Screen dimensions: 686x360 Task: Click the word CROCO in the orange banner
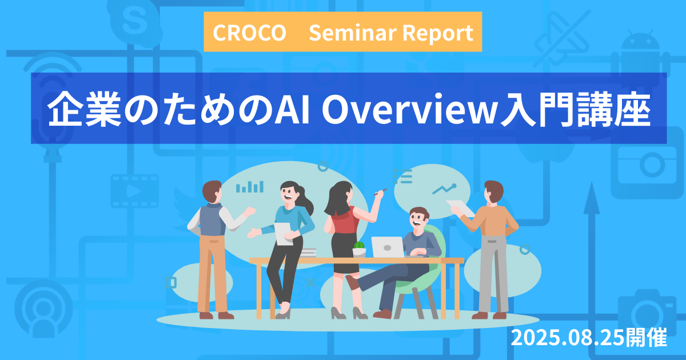(x=249, y=33)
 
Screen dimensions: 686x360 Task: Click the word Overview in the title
(x=409, y=109)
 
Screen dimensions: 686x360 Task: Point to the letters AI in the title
(x=292, y=109)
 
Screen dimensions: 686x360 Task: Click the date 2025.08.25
(x=567, y=337)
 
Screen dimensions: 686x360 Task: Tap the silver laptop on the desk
(x=388, y=247)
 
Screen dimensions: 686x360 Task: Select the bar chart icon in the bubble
(x=250, y=187)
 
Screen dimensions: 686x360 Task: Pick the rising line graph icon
(x=444, y=189)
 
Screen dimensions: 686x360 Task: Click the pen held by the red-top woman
(x=380, y=192)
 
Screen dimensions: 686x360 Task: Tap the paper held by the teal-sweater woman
(x=284, y=234)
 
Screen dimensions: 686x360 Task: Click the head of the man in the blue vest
(x=212, y=191)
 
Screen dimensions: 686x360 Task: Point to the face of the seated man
(x=418, y=217)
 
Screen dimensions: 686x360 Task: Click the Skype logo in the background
(x=134, y=22)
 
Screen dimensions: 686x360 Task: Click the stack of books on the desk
(x=307, y=253)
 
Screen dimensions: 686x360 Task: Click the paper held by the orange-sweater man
(x=460, y=207)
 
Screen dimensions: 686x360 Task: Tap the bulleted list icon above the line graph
(x=402, y=177)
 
